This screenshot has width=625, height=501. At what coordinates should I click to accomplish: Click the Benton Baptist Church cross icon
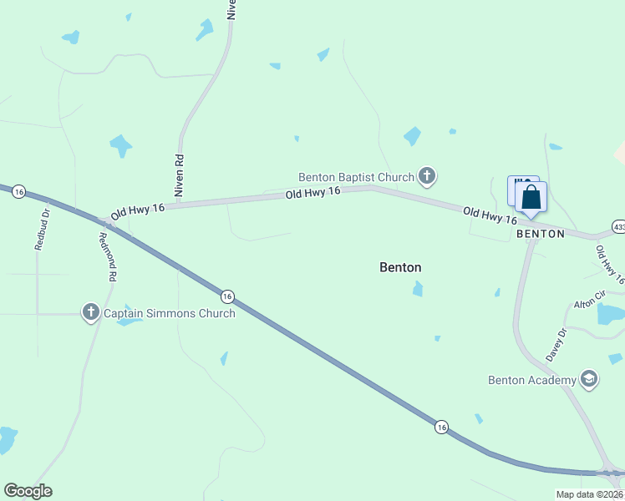[x=427, y=176]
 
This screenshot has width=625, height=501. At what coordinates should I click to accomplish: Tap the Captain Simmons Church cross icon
[x=91, y=312]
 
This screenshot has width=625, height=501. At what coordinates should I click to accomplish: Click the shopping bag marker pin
[x=531, y=200]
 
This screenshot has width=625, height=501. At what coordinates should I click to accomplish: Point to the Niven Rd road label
[x=178, y=175]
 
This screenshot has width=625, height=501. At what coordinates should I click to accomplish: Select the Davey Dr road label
[x=556, y=344]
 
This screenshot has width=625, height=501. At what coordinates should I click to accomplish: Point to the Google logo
[x=28, y=491]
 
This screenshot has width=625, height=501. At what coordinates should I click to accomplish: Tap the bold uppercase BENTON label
[x=541, y=234]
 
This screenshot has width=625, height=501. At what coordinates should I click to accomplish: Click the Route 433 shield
[x=618, y=226]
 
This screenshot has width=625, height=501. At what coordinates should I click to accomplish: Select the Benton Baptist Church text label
[x=357, y=177]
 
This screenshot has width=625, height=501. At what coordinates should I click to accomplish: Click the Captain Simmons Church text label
[x=169, y=313]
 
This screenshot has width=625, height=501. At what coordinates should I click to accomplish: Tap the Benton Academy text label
[x=532, y=380]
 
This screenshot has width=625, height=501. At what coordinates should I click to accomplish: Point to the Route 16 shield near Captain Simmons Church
[x=226, y=296]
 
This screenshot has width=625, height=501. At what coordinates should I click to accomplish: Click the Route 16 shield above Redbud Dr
[x=19, y=191]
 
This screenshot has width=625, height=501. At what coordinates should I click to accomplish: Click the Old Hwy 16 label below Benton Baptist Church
[x=313, y=193]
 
